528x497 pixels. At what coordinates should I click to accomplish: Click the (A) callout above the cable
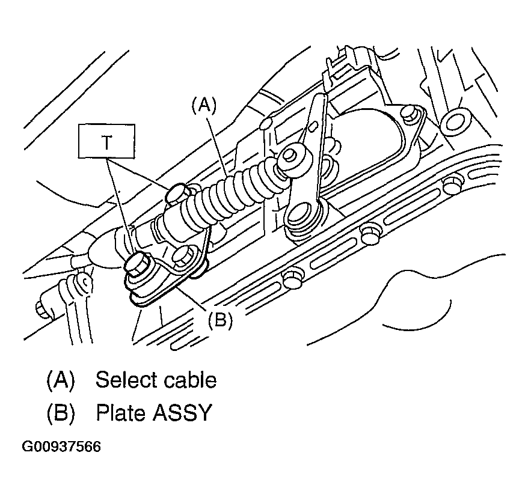(203, 106)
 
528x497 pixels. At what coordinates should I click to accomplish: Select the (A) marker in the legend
(60, 380)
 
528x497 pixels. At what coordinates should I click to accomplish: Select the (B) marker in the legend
(60, 413)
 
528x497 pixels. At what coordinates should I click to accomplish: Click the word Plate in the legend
(118, 413)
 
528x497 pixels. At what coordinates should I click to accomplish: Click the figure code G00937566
(61, 447)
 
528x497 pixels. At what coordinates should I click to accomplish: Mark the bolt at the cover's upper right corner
(411, 112)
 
